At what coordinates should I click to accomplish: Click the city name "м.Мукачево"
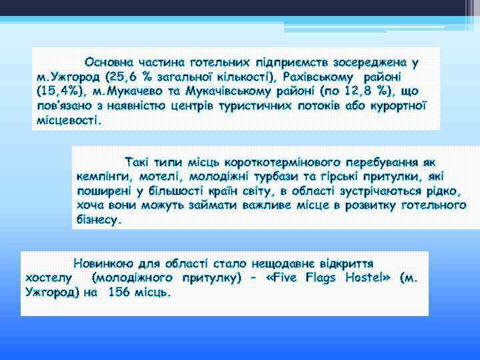pyautogui.click(x=125, y=91)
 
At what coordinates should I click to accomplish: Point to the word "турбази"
pyautogui.click(x=266, y=176)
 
